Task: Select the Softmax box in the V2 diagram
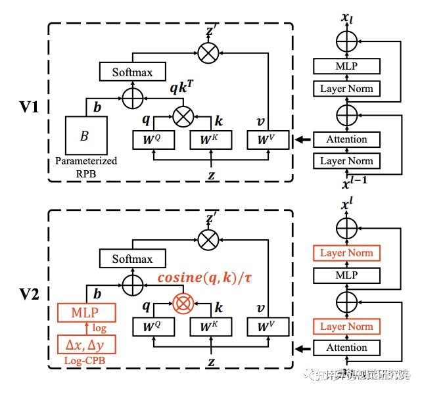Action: click(x=132, y=259)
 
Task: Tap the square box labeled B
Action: click(x=84, y=136)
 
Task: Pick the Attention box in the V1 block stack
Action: click(x=346, y=139)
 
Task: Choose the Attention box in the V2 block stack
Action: click(x=346, y=348)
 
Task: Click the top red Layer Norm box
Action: click(x=346, y=253)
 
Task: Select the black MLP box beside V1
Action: click(x=346, y=66)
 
